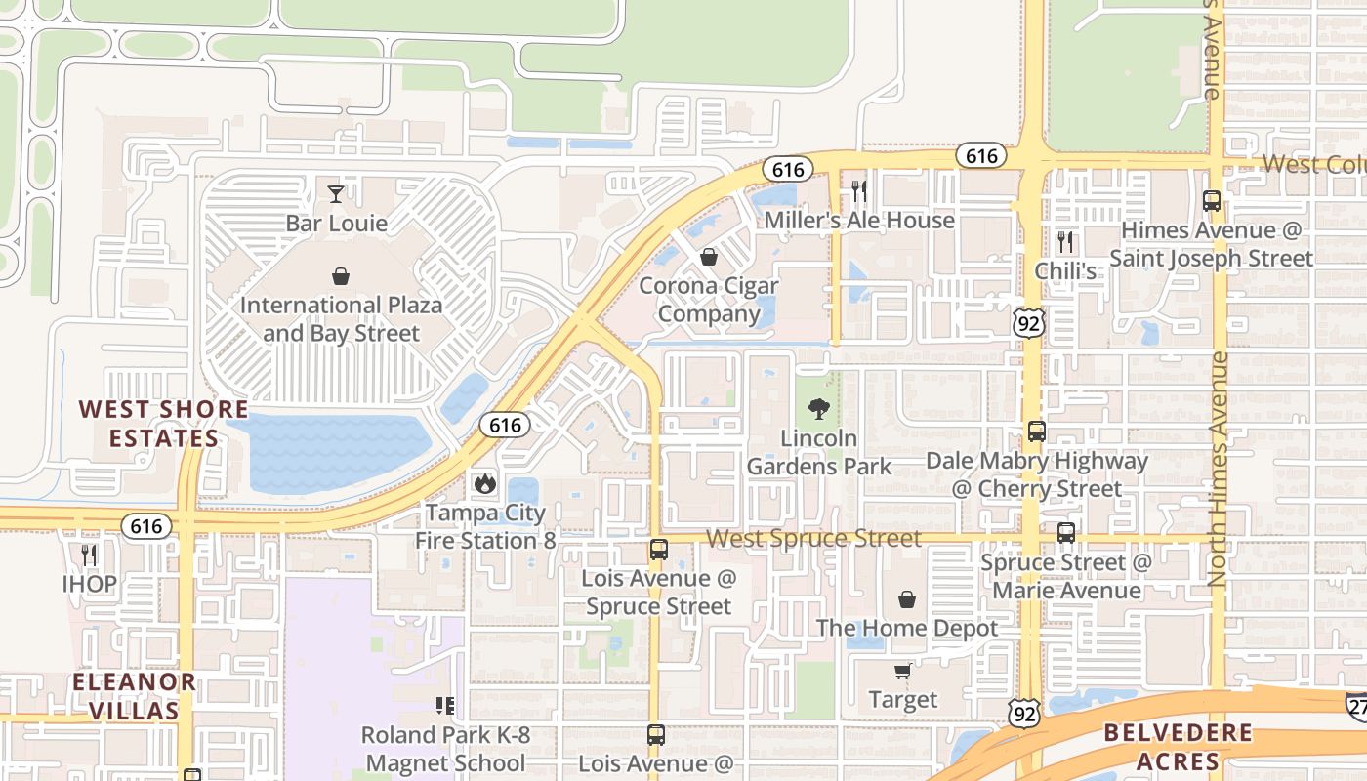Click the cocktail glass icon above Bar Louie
coord(336,193)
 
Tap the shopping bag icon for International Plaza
coord(341,276)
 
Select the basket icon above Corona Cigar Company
coord(709,257)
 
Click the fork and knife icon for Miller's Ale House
coord(859,190)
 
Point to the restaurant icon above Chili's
coord(1065,241)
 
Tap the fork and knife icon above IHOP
coord(89,555)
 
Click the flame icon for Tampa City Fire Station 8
coord(483,483)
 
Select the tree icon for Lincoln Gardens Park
coord(819,409)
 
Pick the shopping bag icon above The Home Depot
coord(907,598)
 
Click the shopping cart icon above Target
coord(903,671)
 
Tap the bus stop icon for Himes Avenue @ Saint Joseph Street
coord(1212,201)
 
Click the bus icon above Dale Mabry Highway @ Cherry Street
coord(1036,431)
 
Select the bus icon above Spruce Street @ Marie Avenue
coord(1065,533)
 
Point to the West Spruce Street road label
coord(813,539)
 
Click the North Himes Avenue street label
coord(1218,469)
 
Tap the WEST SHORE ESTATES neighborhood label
coord(163,423)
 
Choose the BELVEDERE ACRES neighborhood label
coord(1178,747)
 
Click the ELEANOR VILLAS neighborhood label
coord(134,695)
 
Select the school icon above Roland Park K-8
coord(445,705)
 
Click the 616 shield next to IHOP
coord(146,526)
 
